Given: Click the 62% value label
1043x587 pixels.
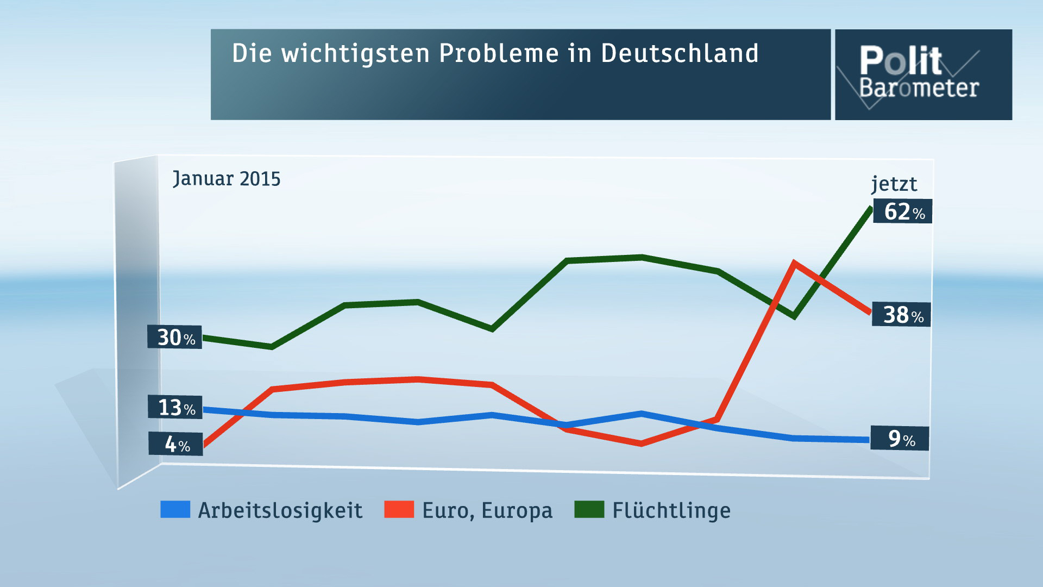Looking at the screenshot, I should coord(902,211).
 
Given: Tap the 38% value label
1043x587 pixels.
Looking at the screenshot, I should coord(901,315).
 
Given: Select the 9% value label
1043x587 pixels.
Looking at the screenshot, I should coord(900,439).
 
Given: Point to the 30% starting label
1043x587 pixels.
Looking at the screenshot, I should coord(175,338).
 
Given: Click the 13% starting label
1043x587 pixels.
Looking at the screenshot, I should coord(175,407).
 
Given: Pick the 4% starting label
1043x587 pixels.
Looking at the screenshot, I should coord(176,444).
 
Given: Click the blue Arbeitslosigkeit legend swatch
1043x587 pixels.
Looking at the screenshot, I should coord(175,510).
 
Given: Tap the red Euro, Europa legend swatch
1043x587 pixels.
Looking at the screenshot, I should coord(399,510).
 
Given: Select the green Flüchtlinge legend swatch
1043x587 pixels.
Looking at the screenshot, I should coord(589,510).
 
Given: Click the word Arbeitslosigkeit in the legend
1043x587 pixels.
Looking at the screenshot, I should coord(280,511).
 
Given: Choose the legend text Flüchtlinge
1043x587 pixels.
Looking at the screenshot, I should coord(671,511).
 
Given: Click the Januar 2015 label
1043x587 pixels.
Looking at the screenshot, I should coord(227,179).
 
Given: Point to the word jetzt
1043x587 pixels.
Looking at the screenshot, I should coord(894,184).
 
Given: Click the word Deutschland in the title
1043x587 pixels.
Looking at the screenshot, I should coord(680,53).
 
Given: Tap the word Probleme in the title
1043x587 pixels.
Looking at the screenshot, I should coord(499,53).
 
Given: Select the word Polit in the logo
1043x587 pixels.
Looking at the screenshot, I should coord(900,60).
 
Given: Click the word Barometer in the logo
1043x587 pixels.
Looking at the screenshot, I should coord(919,88).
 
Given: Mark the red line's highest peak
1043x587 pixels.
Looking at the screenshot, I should coord(794,264).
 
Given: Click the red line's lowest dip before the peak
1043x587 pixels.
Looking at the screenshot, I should coord(642,444).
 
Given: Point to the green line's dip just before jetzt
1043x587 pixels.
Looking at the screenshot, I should coord(794,316).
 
